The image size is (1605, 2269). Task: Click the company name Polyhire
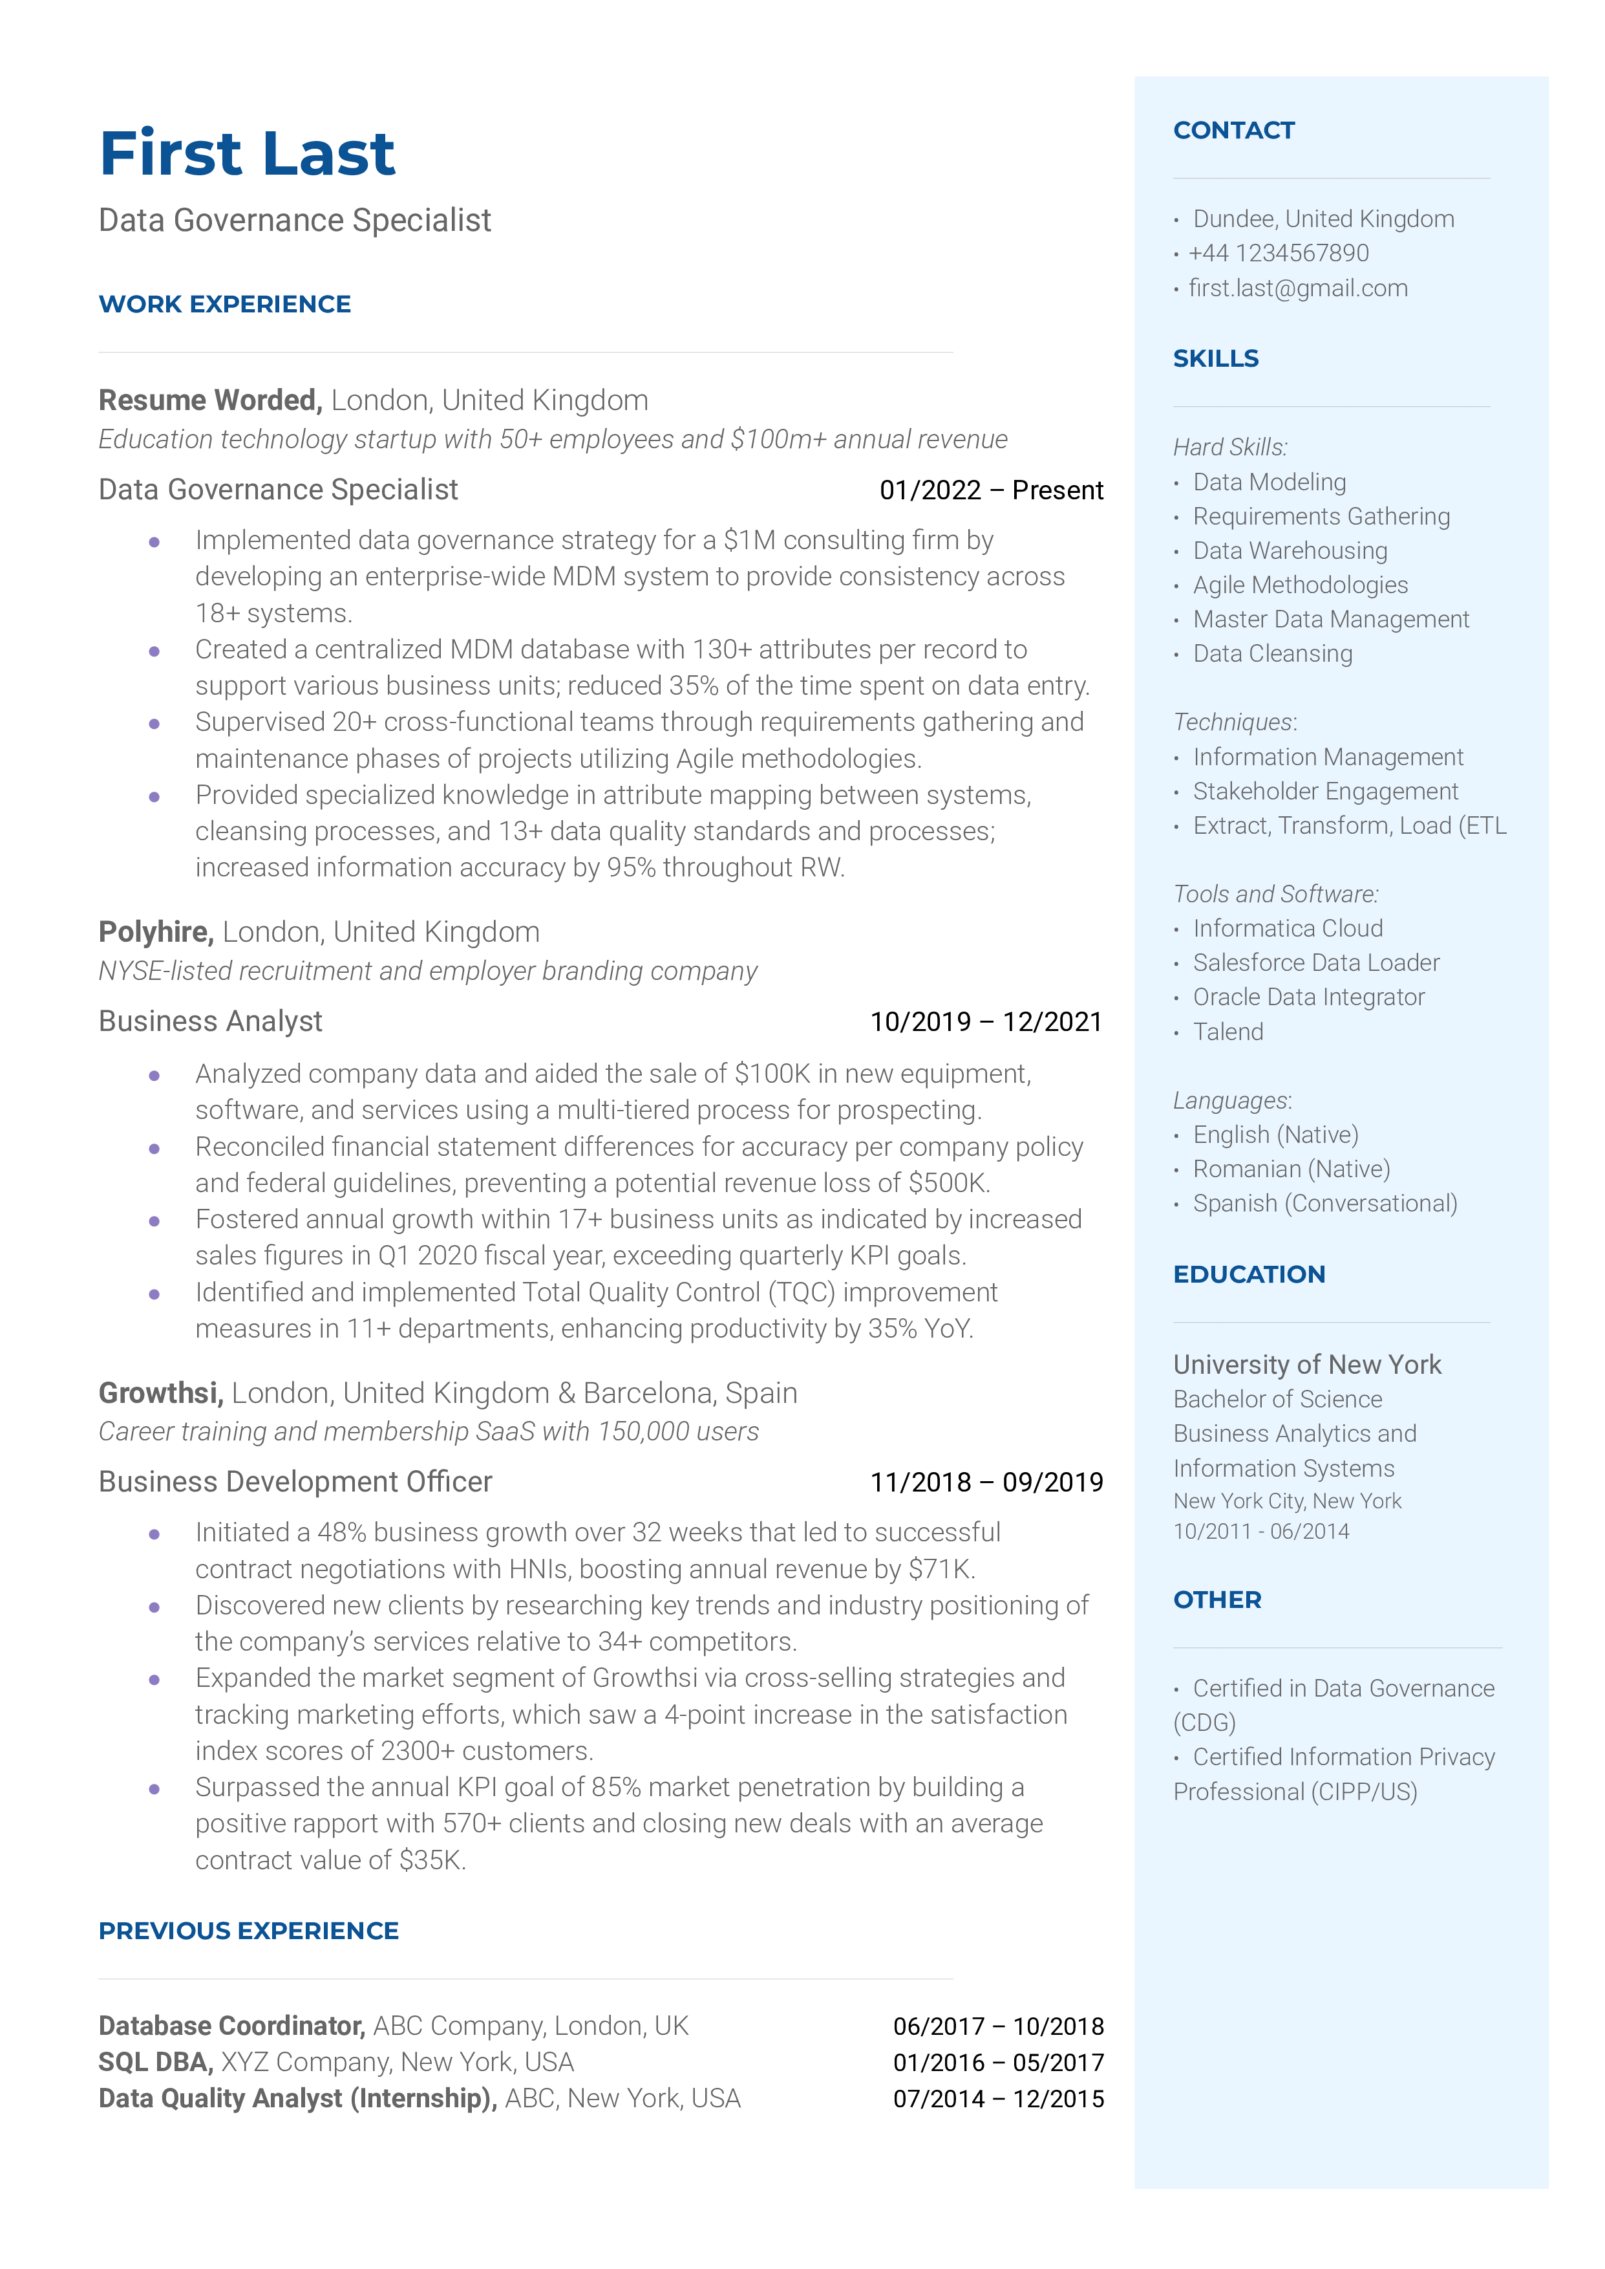[x=155, y=931]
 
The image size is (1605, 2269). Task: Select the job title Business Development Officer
[x=295, y=1481]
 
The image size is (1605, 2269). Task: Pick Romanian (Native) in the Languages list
[x=1291, y=1169]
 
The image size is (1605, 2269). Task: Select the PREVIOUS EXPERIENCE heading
[x=248, y=1931]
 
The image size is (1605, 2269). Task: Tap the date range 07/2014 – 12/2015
[x=998, y=2098]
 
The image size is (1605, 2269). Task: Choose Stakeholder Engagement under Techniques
[x=1324, y=791]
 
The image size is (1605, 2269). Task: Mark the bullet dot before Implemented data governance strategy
[x=154, y=542]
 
